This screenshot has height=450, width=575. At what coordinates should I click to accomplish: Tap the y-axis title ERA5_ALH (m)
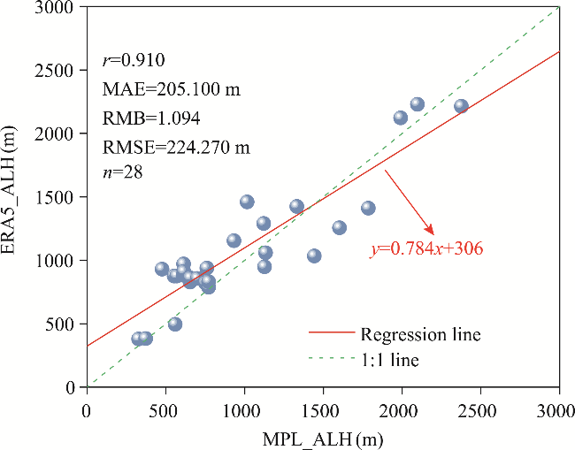pyautogui.click(x=15, y=196)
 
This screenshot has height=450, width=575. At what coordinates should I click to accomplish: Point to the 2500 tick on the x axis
pyautogui.click(x=480, y=411)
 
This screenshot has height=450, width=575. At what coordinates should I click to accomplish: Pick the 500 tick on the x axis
pyautogui.click(x=165, y=411)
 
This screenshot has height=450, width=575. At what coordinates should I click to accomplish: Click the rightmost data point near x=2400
pyautogui.click(x=461, y=106)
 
